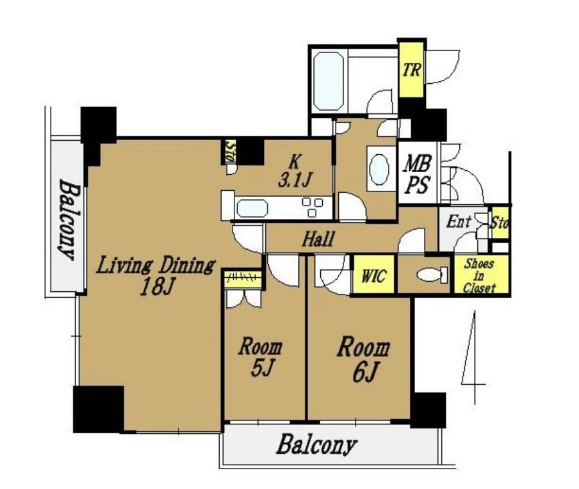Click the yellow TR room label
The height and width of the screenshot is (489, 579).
pos(411,69)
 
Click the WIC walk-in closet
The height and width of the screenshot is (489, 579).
pos(373,275)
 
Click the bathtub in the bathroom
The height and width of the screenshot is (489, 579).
pos(329,81)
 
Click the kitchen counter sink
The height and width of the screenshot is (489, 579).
pos(252,208)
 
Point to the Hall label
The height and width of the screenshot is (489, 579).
pos(318,239)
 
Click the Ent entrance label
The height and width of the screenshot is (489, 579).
pos(459,221)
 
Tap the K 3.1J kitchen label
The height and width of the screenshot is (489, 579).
pos(295,171)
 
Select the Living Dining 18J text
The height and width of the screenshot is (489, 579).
pos(156,276)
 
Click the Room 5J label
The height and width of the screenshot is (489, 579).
pos(260,357)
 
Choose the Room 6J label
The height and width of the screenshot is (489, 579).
pos(363,358)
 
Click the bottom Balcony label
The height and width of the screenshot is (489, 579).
pos(317,444)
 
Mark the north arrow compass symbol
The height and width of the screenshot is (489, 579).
pos(472,357)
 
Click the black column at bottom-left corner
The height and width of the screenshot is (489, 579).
pos(99,409)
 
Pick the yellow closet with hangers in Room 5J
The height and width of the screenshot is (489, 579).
pos(243,279)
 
